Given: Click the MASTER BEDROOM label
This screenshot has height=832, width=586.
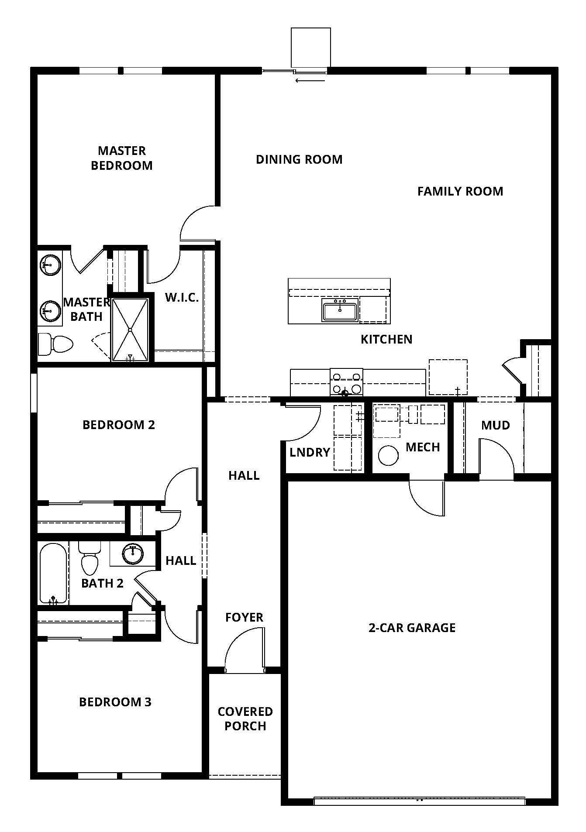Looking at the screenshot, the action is (122, 158).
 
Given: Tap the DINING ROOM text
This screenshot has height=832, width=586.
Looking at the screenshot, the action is (299, 159).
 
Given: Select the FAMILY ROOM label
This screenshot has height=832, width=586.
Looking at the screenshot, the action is (460, 191).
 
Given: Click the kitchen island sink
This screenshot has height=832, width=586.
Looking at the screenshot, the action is (340, 310).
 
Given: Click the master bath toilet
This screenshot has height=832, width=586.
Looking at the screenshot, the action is (55, 344).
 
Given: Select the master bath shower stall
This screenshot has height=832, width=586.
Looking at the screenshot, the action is (130, 330).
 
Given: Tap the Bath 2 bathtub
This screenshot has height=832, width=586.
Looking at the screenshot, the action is (53, 574).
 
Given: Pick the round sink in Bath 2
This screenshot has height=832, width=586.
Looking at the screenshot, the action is (133, 554).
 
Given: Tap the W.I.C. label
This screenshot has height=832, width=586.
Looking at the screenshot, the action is (182, 298).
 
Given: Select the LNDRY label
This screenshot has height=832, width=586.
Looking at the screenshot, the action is (310, 452).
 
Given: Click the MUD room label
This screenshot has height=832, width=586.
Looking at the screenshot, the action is (496, 425).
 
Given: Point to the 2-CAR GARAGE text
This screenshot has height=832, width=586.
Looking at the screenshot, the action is (412, 628).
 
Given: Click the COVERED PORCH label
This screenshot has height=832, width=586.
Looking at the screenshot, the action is (245, 719).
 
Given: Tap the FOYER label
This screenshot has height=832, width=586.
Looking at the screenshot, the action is (245, 617).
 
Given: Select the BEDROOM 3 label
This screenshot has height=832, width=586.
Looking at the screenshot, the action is (115, 702).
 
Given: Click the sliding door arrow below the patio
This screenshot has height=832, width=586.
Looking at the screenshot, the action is (310, 80).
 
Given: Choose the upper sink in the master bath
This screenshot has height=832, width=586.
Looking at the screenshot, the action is (50, 265).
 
